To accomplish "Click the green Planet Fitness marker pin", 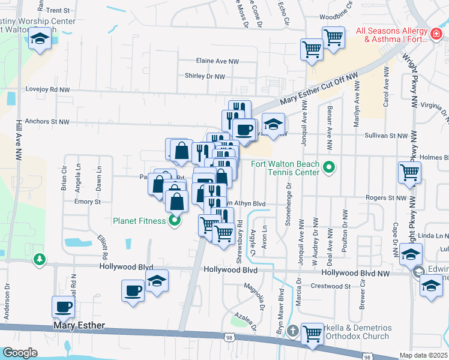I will tap(175, 221).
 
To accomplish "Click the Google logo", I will tap(20, 353).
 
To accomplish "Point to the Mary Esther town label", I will tap(79, 326).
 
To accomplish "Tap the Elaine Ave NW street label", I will tap(217, 61).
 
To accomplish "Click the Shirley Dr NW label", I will tap(205, 77).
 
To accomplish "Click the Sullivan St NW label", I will tap(386, 136).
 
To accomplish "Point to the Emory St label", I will tap(87, 202).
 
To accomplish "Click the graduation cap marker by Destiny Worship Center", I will tap(40, 41).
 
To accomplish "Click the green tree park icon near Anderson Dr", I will tap(40, 259).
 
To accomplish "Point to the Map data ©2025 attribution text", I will tap(423, 355).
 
